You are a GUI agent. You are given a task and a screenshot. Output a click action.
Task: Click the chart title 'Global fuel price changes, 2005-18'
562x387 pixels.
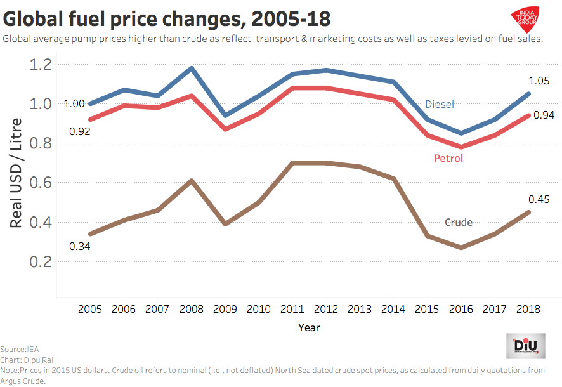tap(167, 16)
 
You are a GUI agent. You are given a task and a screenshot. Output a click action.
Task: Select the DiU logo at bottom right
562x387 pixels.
tap(526, 346)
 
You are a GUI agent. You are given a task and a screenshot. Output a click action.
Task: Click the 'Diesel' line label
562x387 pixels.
tap(440, 104)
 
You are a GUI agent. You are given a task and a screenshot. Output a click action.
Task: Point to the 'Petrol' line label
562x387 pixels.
tap(448, 158)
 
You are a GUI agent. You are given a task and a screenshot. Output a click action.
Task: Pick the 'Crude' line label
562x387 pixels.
tap(459, 222)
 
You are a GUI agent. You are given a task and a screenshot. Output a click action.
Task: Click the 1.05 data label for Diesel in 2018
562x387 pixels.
tap(539, 81)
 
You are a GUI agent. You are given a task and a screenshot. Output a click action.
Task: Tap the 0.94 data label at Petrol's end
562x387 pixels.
tap(544, 115)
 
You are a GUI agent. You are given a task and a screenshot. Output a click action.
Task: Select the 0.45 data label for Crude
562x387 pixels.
tap(539, 200)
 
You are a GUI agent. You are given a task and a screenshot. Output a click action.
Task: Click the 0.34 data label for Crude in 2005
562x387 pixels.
tap(79, 246)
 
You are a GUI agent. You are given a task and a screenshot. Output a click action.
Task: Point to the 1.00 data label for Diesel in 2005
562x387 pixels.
tap(74, 104)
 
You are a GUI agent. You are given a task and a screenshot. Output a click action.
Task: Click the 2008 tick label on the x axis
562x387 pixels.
tap(192, 309)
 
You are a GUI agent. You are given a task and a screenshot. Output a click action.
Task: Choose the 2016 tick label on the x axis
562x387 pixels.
tap(461, 309)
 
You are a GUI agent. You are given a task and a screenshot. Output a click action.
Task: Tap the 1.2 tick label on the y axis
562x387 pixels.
tap(40, 64)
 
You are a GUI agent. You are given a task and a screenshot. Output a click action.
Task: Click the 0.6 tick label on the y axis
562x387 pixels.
tap(40, 183)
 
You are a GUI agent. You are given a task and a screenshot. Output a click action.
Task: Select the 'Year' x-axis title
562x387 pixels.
tap(309, 328)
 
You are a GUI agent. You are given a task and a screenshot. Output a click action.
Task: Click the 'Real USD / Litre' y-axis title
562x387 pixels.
tap(17, 173)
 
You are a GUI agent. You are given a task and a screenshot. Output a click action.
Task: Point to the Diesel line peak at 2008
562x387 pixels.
tap(192, 68)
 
